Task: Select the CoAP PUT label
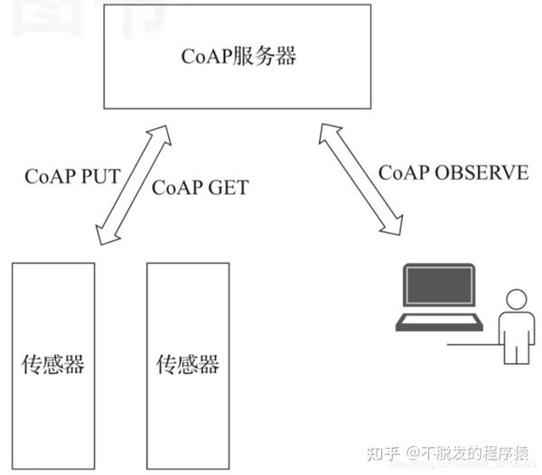click(x=72, y=175)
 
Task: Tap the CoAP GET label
click(x=199, y=188)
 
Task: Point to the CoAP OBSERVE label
click(x=453, y=172)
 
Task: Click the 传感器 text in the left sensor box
click(x=53, y=365)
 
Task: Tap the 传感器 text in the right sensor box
click(x=188, y=365)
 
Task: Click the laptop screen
click(x=439, y=288)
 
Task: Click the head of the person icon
click(x=516, y=301)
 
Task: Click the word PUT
click(x=100, y=175)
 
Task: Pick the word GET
click(x=228, y=188)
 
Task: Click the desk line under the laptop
click(x=470, y=344)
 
